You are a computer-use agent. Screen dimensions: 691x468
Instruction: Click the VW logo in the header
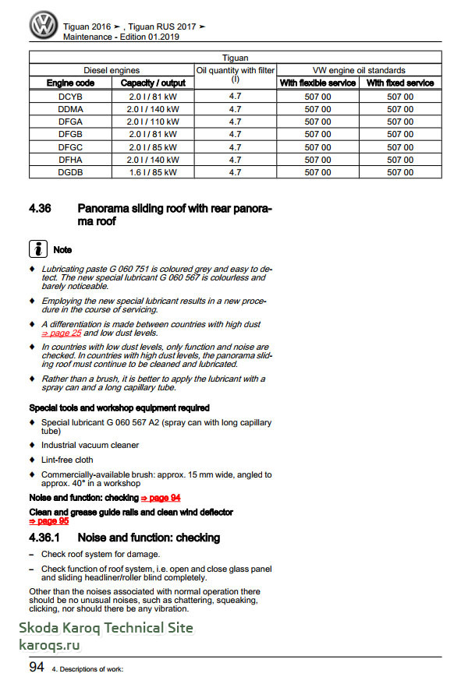[44, 26]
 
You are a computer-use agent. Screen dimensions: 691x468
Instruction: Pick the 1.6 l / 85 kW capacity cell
[153, 172]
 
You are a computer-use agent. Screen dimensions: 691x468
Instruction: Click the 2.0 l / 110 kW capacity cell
[153, 122]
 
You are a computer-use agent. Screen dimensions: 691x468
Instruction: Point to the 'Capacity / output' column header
[153, 83]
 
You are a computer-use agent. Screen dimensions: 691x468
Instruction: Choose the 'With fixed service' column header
[400, 83]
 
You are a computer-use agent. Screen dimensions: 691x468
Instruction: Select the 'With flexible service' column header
[317, 83]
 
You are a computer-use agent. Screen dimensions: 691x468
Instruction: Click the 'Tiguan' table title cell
[236, 58]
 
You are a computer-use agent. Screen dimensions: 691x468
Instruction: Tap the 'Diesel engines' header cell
[112, 70]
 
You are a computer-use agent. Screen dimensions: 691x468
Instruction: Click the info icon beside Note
[37, 249]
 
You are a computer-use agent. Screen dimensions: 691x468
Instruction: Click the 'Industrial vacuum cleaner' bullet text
[90, 445]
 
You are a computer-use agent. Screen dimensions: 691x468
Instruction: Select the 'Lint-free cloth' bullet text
[67, 460]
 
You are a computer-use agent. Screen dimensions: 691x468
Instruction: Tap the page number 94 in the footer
[36, 667]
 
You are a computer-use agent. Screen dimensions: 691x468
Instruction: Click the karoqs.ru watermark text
[49, 644]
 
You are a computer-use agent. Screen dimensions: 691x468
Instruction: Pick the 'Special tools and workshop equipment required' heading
[119, 407]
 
